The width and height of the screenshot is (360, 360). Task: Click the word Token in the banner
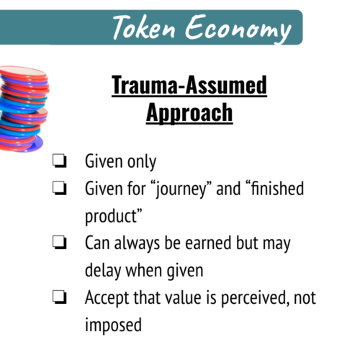click(144, 27)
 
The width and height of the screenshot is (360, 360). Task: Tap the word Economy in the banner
click(238, 29)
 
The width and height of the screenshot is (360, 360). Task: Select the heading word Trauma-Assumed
click(189, 85)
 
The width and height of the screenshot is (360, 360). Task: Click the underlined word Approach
click(189, 113)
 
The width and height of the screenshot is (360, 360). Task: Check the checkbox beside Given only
click(59, 161)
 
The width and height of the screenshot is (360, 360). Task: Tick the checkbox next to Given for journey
click(59, 188)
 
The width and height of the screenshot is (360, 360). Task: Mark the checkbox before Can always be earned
click(59, 243)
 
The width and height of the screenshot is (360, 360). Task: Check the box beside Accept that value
click(59, 297)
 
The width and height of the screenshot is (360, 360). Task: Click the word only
click(142, 162)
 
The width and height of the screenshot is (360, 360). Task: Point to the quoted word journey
click(181, 189)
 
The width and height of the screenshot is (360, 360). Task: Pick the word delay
click(103, 271)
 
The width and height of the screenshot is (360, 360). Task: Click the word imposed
click(113, 325)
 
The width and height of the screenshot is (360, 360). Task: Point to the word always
click(137, 244)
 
